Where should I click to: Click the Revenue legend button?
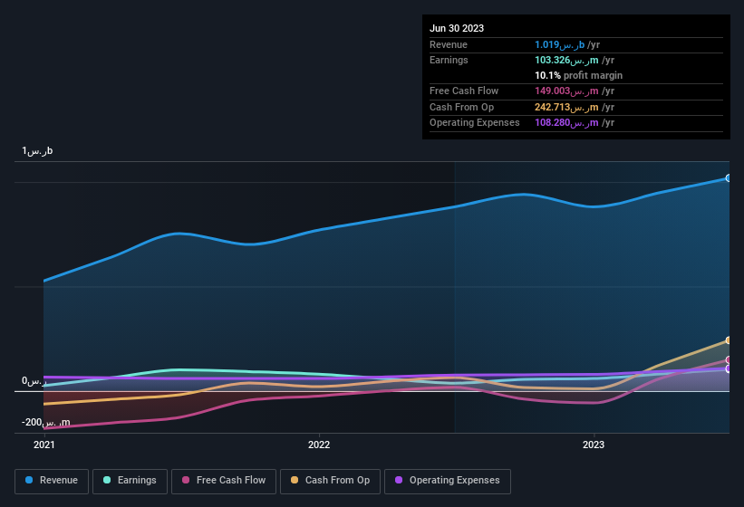52,481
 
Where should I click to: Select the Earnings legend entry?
130,481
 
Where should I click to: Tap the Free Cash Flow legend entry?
224,481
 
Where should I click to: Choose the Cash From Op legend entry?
329,481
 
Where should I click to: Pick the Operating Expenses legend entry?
447,481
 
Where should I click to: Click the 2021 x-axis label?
44,445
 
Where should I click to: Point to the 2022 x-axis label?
319,445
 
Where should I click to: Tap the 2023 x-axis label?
594,445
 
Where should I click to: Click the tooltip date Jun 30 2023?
457,28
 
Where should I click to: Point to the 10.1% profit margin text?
578,75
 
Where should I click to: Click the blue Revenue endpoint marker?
729,178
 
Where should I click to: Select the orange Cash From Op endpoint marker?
729,340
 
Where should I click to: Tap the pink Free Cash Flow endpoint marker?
729,359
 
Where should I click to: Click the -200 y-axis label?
46,423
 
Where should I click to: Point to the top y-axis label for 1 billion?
38,151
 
